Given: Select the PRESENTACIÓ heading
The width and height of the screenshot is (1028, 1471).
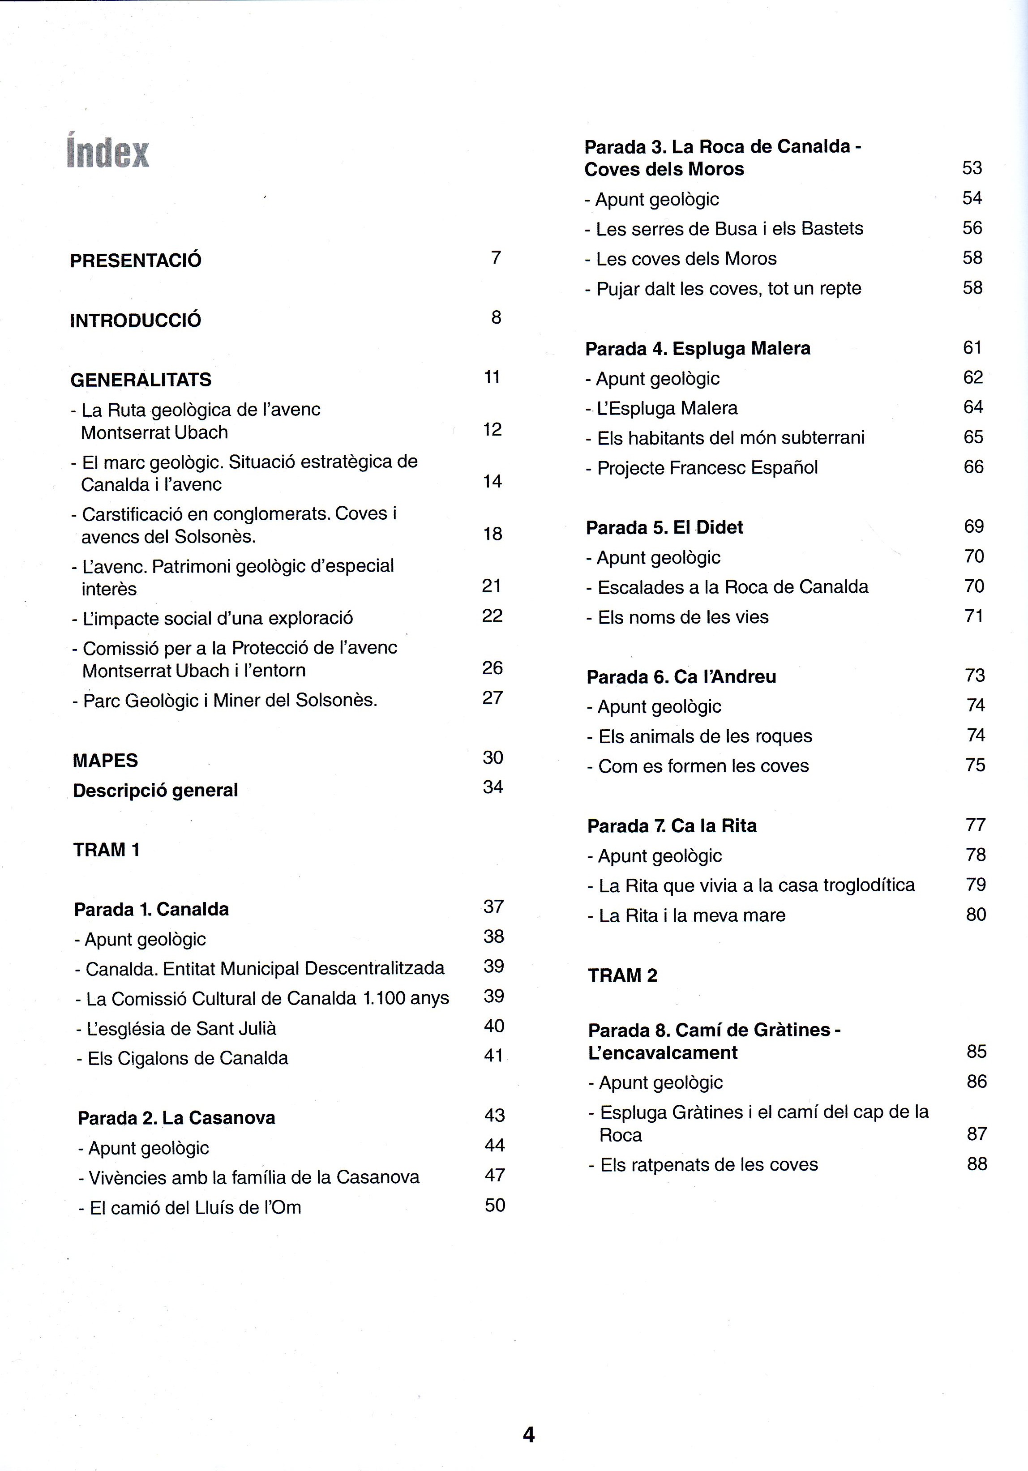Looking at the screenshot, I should coord(135,260).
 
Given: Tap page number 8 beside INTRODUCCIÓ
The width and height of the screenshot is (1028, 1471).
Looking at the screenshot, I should coord(496,317).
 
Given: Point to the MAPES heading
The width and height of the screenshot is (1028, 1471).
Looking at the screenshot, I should coord(105,761).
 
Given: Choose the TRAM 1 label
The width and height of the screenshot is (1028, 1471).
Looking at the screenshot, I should coord(107,850).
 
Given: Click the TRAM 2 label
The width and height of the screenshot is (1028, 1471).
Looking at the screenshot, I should coord(622,975).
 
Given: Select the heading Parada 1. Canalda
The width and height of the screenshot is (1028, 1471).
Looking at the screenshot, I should coord(151,909).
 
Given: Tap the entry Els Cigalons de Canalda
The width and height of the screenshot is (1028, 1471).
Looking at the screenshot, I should coord(182,1058).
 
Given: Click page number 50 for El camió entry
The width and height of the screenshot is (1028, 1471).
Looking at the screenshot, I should coord(495,1205).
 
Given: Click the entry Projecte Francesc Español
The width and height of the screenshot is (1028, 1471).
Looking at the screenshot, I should coord(701,468).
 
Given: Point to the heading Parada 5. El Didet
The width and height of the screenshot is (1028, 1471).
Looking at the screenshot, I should coord(664,527).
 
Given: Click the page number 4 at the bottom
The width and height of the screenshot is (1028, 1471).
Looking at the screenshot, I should coord(528,1434).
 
